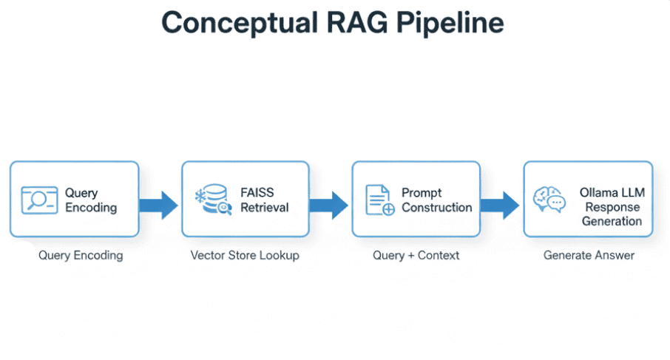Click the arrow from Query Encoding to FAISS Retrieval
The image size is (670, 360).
coord(159,203)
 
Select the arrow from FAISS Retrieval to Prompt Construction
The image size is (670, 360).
coord(329,204)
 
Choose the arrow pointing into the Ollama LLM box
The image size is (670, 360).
coord(501,204)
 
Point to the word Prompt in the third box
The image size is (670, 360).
coord(422,193)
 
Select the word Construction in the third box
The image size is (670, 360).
coord(437,208)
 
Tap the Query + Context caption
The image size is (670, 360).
coord(416,256)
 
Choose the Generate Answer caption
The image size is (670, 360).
coord(589,256)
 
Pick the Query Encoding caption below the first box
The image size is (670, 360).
coord(81,256)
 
